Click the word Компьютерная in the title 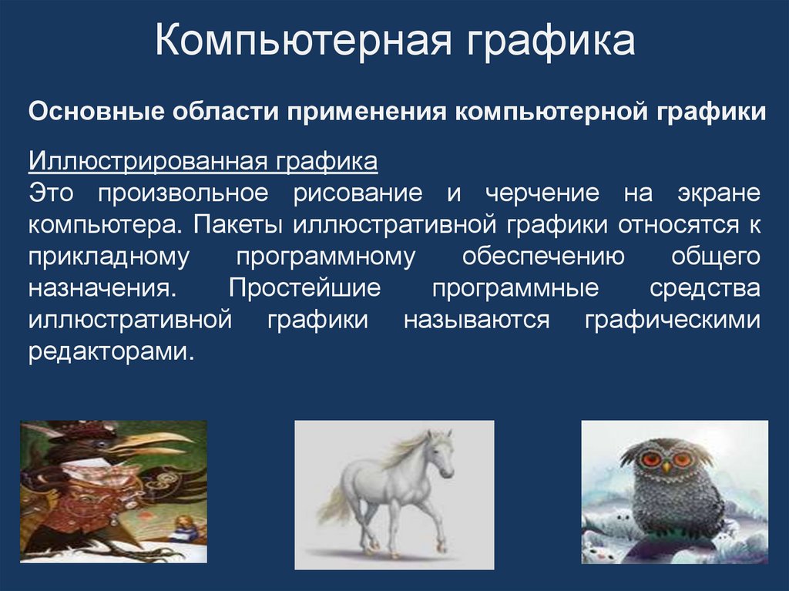(299, 42)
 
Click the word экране (721, 193)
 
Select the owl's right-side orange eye (681, 460)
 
